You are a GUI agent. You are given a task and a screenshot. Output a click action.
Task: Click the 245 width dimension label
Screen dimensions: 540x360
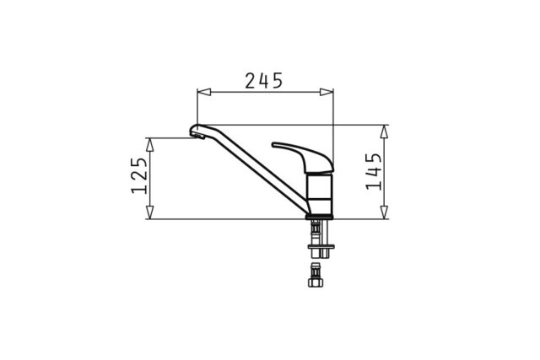[x=263, y=81]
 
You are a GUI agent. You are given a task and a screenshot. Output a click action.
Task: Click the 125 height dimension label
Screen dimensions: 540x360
[x=139, y=175]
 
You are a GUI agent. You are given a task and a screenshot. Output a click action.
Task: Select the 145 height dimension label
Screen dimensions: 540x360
[x=374, y=171]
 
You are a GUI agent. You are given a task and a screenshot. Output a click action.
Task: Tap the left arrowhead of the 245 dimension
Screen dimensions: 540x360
[x=204, y=92]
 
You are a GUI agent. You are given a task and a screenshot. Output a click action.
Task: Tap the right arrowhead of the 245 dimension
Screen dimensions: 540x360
[x=327, y=92]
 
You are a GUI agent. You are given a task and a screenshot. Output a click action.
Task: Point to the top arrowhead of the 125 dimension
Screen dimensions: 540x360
[x=149, y=144]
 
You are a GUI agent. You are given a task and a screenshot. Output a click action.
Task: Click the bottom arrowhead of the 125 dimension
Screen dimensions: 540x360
[x=149, y=212]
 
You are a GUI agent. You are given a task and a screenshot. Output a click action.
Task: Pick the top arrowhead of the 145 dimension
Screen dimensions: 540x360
[x=384, y=132]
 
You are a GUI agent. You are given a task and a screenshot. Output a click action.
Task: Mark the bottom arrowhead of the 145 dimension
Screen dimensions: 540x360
[x=384, y=212]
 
